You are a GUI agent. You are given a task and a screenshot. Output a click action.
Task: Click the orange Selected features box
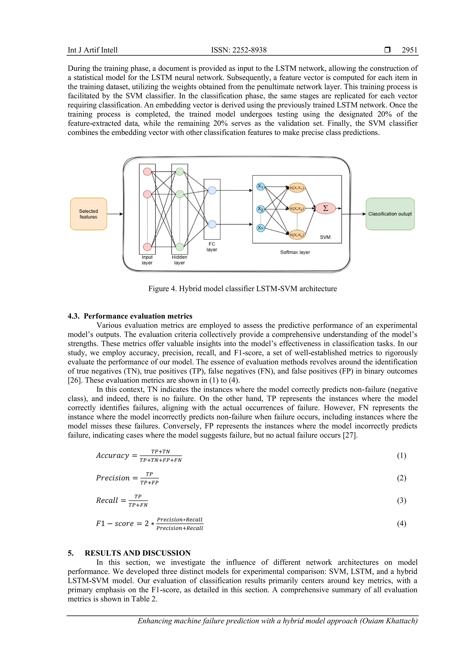tap(88, 214)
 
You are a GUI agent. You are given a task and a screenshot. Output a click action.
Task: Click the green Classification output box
tap(390, 214)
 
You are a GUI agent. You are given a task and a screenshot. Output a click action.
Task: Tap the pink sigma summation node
tap(325, 208)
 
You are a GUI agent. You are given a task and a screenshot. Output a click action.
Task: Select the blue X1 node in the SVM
tap(260, 186)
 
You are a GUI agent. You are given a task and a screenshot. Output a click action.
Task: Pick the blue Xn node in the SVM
tap(260, 228)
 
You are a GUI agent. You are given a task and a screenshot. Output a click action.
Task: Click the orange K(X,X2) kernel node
tap(297, 209)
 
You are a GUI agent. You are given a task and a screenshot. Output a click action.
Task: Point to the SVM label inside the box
tap(325, 237)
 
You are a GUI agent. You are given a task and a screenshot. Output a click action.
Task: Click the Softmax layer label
tap(295, 252)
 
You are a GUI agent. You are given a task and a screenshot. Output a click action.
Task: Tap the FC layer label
tap(212, 247)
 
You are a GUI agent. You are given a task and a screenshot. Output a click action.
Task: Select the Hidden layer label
tap(180, 260)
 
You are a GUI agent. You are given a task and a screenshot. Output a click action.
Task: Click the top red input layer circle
tap(147, 172)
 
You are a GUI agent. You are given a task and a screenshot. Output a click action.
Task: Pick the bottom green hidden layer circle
tap(180, 247)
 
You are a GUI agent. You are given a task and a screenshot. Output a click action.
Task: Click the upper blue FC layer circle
tap(212, 191)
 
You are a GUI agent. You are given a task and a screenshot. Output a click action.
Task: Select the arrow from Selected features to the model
tap(115, 214)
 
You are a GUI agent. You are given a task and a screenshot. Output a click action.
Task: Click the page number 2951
tap(409, 50)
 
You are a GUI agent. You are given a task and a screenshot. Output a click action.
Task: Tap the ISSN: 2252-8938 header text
tap(239, 50)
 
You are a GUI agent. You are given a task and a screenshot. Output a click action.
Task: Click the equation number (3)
tap(401, 500)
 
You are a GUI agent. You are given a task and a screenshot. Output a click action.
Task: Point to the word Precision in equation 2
tap(113, 478)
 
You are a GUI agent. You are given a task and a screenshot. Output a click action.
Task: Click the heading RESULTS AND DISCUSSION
tap(137, 553)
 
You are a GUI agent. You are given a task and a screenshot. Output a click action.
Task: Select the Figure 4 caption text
tap(243, 288)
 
